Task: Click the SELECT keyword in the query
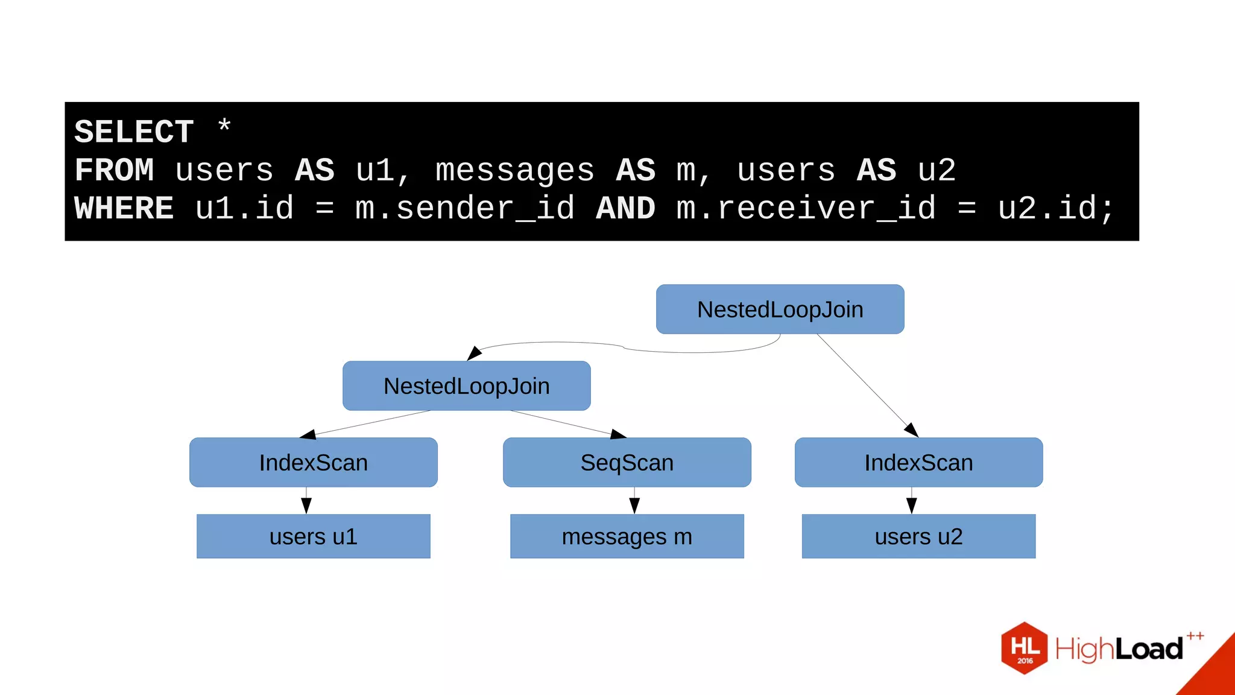[134, 132]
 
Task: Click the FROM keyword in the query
[115, 170]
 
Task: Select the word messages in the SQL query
[514, 170]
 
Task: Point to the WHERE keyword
[124, 208]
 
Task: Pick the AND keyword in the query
[625, 208]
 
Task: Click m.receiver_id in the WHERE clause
[806, 208]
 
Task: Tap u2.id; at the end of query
[1055, 208]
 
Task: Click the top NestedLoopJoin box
[780, 309]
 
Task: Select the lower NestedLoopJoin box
[466, 386]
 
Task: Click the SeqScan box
[627, 463]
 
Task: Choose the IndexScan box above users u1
[313, 463]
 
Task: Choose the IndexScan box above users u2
[918, 463]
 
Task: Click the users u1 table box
[313, 536]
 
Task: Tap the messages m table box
[627, 536]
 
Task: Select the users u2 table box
[918, 536]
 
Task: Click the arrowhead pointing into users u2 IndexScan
[912, 431]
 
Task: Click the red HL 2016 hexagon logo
[1024, 648]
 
